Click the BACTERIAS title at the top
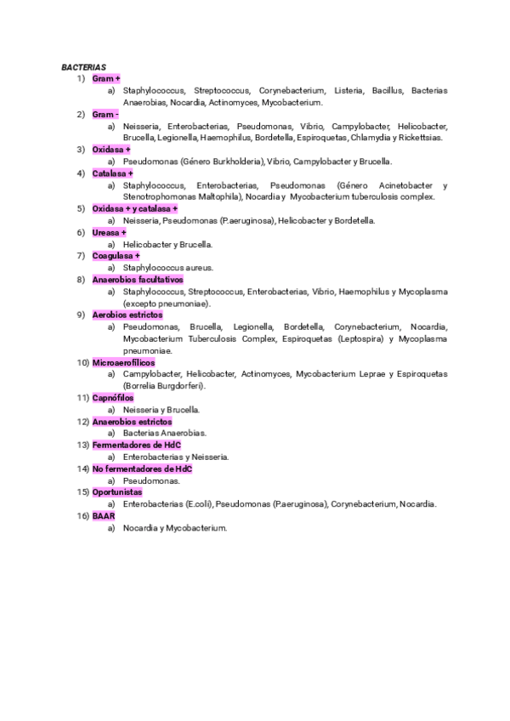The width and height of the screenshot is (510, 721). (83, 66)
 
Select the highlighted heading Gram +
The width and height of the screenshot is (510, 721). (106, 78)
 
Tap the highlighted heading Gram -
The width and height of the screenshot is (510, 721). (105, 114)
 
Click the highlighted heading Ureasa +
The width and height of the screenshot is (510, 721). (109, 232)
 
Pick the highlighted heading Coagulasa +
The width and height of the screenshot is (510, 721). (116, 255)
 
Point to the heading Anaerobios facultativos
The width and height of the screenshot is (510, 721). (137, 279)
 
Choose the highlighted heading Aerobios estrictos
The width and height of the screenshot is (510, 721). (127, 315)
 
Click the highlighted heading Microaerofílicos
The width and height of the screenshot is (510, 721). (123, 362)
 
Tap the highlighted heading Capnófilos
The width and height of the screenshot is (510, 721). (113, 397)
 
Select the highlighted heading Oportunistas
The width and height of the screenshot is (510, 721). (117, 491)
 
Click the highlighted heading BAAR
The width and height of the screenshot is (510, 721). (104, 515)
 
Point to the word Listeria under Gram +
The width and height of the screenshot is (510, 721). (349, 90)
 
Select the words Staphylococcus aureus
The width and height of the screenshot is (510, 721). (168, 268)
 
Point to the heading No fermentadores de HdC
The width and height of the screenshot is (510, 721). (142, 468)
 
